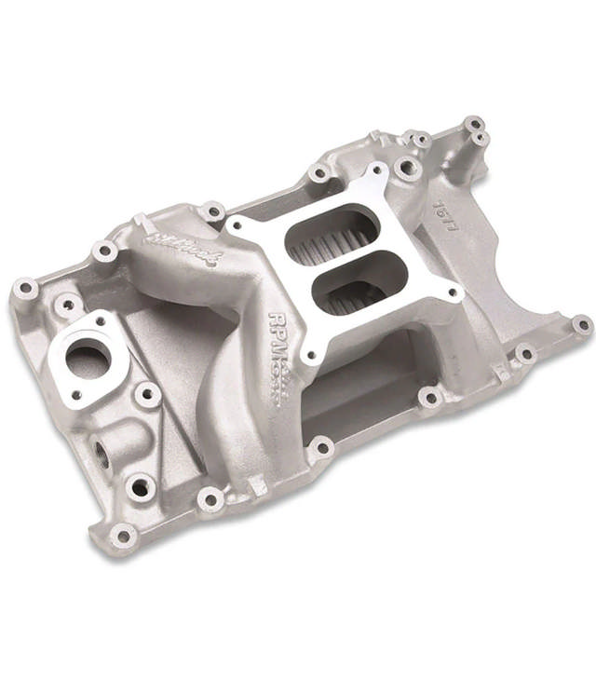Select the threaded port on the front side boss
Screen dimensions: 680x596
[x=101, y=457]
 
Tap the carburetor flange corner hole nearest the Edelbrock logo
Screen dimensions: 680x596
[x=235, y=223]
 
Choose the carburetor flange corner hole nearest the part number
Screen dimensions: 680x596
[x=454, y=293]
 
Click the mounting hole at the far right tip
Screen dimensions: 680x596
[x=581, y=325]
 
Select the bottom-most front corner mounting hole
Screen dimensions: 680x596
[x=122, y=535]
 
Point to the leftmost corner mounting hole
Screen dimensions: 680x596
[x=26, y=290]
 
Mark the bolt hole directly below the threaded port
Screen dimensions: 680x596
[x=140, y=486]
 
